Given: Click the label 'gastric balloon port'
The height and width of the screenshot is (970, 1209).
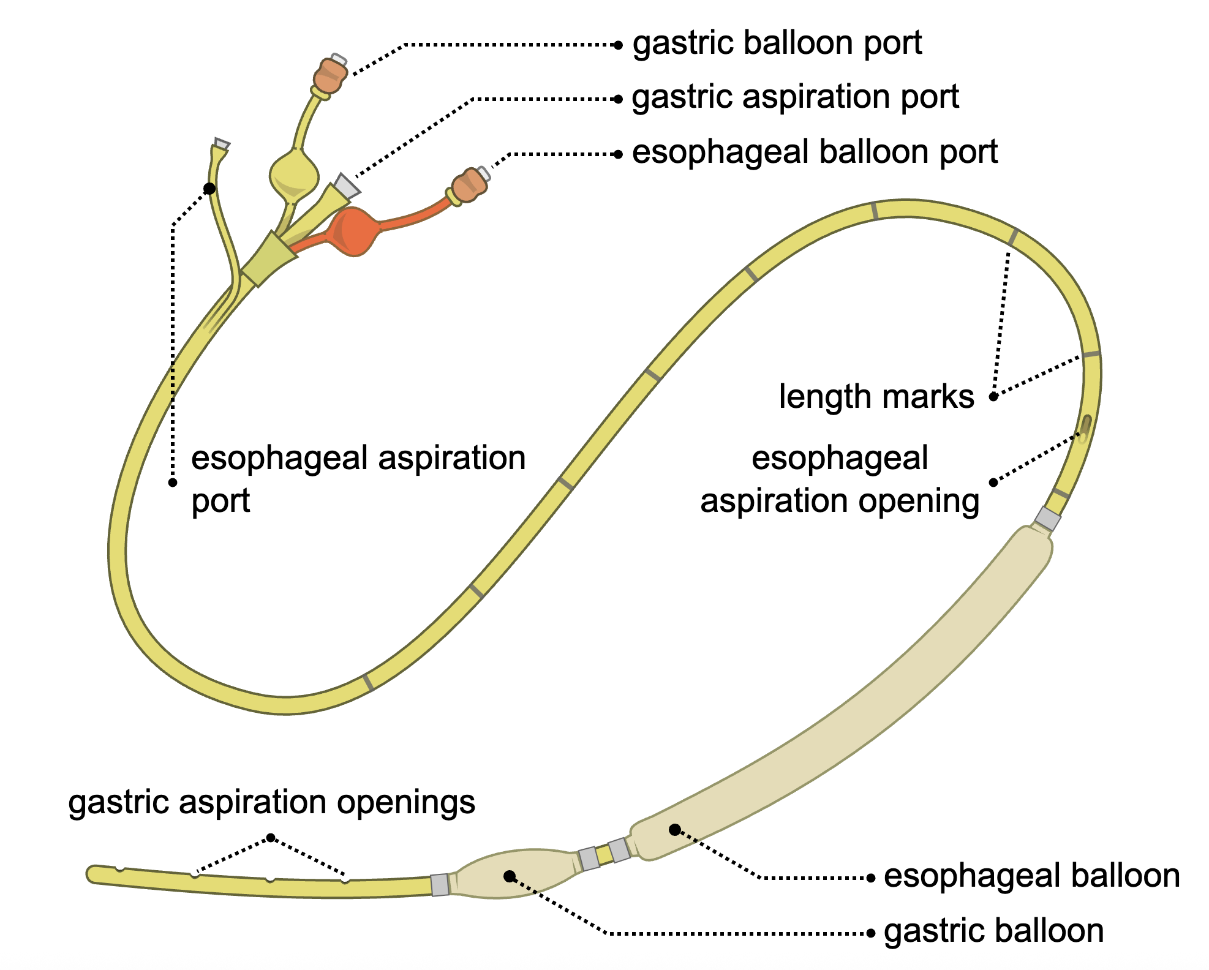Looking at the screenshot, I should [x=777, y=43].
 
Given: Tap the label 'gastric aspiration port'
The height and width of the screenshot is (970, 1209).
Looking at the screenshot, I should [x=795, y=97].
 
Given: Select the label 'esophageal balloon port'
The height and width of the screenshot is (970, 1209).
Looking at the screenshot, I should [x=815, y=152].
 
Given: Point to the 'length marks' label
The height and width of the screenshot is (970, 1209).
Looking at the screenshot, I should [x=876, y=397].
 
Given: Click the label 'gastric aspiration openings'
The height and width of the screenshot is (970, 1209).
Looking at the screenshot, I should [x=271, y=802].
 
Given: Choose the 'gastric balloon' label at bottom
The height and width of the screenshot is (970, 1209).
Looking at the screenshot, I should [x=993, y=931].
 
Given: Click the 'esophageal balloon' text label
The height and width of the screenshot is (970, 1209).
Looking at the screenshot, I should [x=1031, y=876].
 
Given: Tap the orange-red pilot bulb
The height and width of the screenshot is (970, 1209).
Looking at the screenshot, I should [x=353, y=231].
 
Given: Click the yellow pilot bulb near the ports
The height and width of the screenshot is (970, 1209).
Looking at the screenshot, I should [x=294, y=175].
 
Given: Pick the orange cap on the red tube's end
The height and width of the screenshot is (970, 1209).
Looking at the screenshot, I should [x=470, y=186].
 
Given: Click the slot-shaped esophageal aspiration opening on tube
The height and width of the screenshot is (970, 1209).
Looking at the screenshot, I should [x=1085, y=428].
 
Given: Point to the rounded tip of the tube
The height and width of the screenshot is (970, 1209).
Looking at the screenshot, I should [x=93, y=874].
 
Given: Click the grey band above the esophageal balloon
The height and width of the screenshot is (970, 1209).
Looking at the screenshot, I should [x=1047, y=519].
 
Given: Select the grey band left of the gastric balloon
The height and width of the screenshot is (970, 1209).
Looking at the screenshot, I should [x=440, y=885].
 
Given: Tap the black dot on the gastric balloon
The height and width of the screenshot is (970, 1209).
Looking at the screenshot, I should [x=509, y=876].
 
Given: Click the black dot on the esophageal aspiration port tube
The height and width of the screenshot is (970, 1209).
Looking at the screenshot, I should [x=209, y=188].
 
